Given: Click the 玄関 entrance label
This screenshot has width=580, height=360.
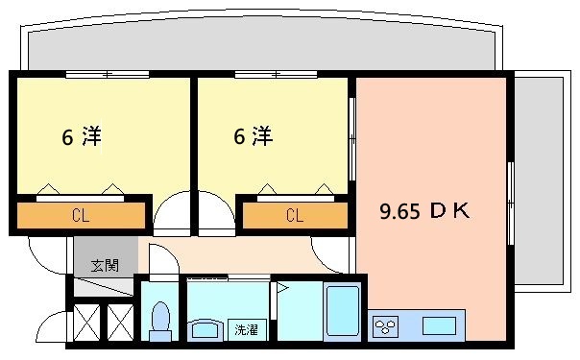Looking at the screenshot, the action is point(105,265).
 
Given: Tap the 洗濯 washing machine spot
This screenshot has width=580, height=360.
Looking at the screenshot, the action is point(247,329).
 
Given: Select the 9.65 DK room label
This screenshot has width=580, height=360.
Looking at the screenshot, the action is point(424,211).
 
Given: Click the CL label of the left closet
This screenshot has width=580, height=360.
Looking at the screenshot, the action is point(81,215).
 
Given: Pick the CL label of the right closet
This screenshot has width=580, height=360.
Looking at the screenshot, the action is point(295,215).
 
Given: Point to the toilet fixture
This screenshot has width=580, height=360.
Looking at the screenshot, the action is point(160,322).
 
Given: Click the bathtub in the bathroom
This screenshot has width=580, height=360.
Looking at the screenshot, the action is point(343,312).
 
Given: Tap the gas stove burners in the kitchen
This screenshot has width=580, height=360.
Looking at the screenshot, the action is point(385,326).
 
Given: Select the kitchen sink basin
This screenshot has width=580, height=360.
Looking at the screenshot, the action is point(440,326).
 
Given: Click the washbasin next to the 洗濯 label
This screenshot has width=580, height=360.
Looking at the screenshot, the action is point(206,329).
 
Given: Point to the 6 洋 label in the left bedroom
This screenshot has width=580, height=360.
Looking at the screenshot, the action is point(82,136).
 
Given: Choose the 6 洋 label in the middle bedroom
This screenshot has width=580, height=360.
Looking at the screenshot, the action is point(254,135).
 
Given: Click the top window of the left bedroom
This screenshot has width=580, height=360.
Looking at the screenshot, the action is point(108,74).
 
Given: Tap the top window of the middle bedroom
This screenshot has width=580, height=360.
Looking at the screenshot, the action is point(276,74).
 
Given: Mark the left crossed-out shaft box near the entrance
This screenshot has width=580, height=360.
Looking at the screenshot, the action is point(87,323).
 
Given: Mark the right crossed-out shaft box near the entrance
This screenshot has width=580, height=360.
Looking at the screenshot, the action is point(121,323).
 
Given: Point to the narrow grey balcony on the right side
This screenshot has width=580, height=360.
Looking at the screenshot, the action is point(540,181).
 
